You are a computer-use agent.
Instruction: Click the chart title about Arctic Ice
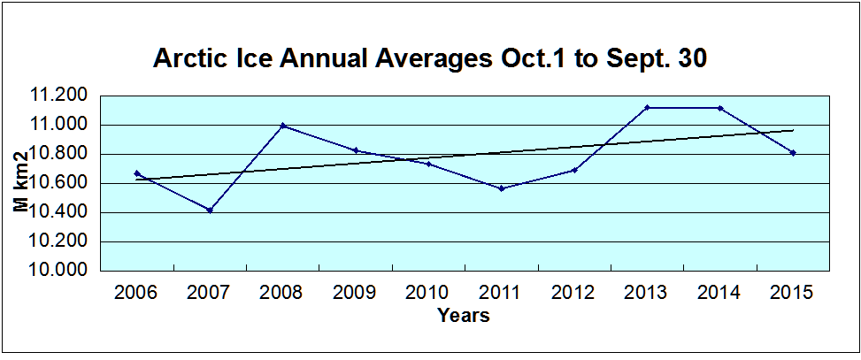click(430, 59)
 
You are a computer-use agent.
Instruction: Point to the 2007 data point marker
click(210, 210)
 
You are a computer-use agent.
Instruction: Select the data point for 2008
click(282, 126)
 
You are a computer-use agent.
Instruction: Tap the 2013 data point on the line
click(647, 107)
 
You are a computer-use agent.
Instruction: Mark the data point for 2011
click(502, 188)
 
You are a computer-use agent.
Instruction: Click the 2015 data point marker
click(793, 152)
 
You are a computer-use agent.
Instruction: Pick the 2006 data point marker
click(137, 173)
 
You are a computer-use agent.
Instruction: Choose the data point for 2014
click(720, 108)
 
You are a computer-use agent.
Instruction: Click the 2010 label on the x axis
click(428, 293)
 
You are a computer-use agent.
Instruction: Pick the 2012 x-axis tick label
click(574, 293)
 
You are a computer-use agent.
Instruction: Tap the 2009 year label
click(355, 293)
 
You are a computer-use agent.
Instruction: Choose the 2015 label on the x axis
click(793, 293)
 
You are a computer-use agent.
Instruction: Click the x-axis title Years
click(463, 315)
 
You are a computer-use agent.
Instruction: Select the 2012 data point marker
click(574, 170)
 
